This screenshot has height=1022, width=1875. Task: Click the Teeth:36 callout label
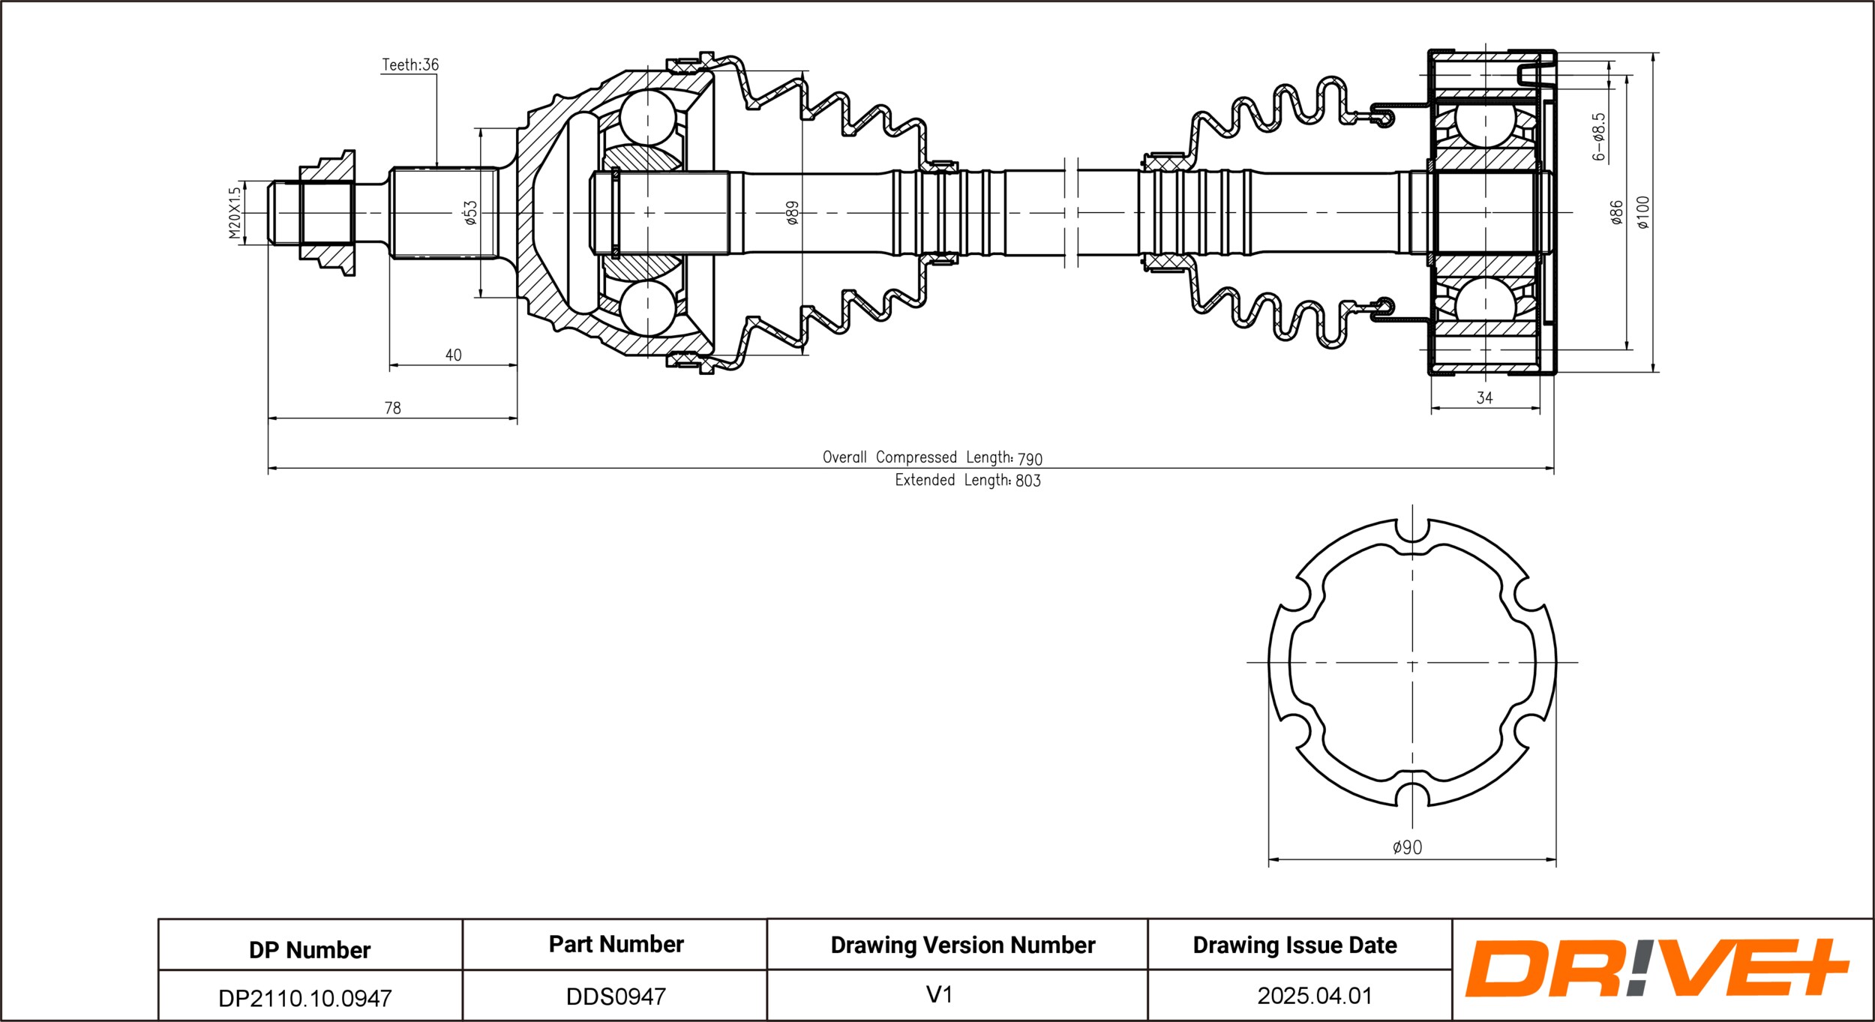point(409,65)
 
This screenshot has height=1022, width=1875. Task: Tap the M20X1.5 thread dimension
point(235,213)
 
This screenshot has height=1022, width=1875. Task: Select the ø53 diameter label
point(470,212)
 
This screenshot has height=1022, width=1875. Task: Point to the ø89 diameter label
point(792,213)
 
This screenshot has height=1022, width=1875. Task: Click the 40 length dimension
point(453,355)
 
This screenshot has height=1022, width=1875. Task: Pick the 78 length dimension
point(392,409)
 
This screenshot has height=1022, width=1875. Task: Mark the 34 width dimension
point(1484,398)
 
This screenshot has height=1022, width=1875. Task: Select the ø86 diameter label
point(1616,212)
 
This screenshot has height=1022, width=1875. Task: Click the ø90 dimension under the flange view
point(1407,847)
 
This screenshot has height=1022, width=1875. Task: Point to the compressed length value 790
point(1030,459)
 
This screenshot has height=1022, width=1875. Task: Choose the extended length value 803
point(1027,481)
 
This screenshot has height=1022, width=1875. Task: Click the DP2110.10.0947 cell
point(304,998)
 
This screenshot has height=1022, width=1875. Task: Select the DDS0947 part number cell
point(615,997)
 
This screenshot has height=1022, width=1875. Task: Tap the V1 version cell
point(939,995)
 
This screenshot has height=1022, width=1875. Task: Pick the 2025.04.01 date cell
point(1315,996)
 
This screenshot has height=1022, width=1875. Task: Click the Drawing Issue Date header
point(1294,945)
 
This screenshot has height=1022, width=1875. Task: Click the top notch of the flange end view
point(1412,529)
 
